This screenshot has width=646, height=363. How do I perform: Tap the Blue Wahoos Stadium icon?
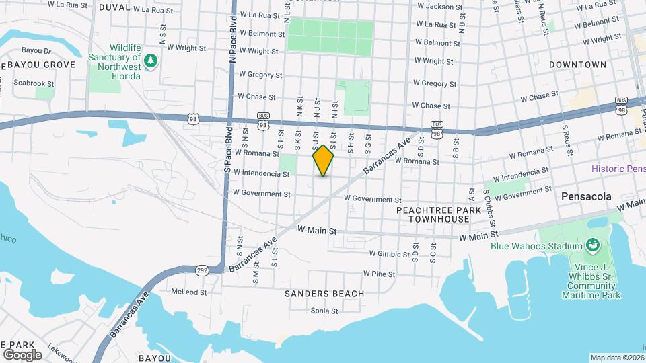click(x=593, y=245)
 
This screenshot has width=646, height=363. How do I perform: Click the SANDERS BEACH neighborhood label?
click(x=324, y=294)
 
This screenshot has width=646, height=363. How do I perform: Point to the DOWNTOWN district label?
click(x=577, y=65)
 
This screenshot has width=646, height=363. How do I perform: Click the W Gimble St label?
click(x=390, y=254)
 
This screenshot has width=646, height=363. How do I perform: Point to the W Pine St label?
click(x=378, y=274)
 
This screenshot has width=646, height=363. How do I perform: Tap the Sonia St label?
click(x=324, y=311)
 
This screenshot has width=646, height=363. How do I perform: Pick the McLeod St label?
click(x=189, y=292)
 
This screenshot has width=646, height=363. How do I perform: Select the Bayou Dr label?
click(x=36, y=50)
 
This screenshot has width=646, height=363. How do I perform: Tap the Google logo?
click(x=22, y=354)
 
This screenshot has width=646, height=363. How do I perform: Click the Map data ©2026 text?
click(x=614, y=358)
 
